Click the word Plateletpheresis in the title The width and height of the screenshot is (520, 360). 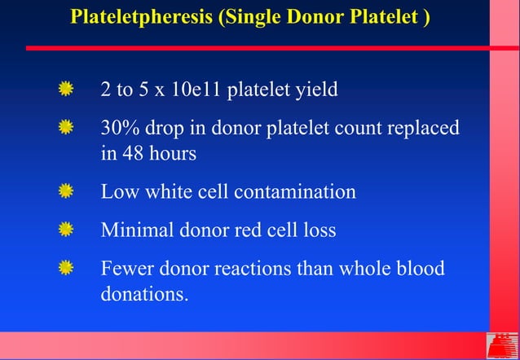(135, 17)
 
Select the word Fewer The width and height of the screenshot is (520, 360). (125, 268)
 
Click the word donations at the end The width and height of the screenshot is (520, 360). (142, 293)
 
